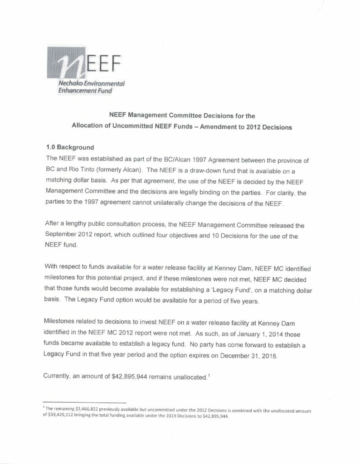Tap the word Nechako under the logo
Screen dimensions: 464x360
63,84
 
